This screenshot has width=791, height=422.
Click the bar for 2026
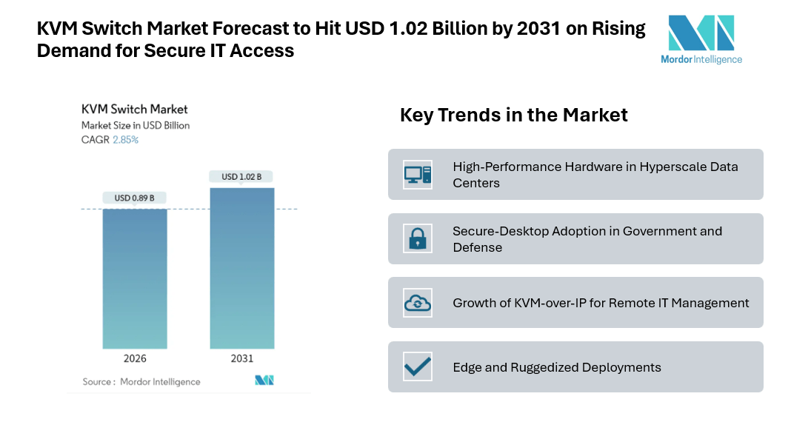(135, 278)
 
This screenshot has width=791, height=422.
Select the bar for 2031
(241, 268)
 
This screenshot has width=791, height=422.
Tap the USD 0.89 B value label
(135, 198)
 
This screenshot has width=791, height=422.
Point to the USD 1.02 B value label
(241, 176)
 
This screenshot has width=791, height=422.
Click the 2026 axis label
(135, 358)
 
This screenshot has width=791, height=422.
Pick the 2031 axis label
(241, 358)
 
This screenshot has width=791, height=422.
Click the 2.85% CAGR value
(125, 139)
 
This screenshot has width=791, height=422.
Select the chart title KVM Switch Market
(134, 110)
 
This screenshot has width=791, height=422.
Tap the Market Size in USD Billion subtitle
(136, 125)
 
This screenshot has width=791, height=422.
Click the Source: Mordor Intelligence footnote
(141, 381)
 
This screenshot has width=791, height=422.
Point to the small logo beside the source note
(264, 381)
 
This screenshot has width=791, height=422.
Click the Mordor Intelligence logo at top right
(701, 39)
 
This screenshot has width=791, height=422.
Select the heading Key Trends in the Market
(513, 115)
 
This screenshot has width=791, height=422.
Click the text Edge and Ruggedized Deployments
(556, 367)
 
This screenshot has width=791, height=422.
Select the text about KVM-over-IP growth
(601, 303)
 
